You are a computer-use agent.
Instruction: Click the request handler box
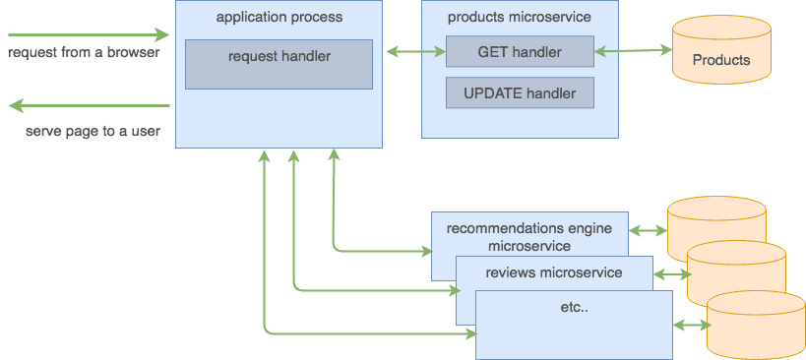point(279,64)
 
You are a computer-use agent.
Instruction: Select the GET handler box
point(519,51)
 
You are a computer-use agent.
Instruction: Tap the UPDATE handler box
point(519,93)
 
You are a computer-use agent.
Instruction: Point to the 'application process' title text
point(279,17)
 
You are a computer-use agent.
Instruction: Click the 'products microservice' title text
point(519,17)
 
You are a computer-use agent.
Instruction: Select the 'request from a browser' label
point(83,51)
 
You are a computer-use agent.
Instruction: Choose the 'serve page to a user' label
point(93,131)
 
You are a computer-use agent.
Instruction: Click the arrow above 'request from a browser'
point(88,35)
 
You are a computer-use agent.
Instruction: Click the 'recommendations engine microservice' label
point(528,236)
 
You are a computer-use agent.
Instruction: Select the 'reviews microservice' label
point(554,272)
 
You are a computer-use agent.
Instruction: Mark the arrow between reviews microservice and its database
point(669,275)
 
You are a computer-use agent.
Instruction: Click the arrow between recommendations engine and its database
point(647,232)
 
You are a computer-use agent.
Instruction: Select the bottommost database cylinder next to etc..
point(755,325)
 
